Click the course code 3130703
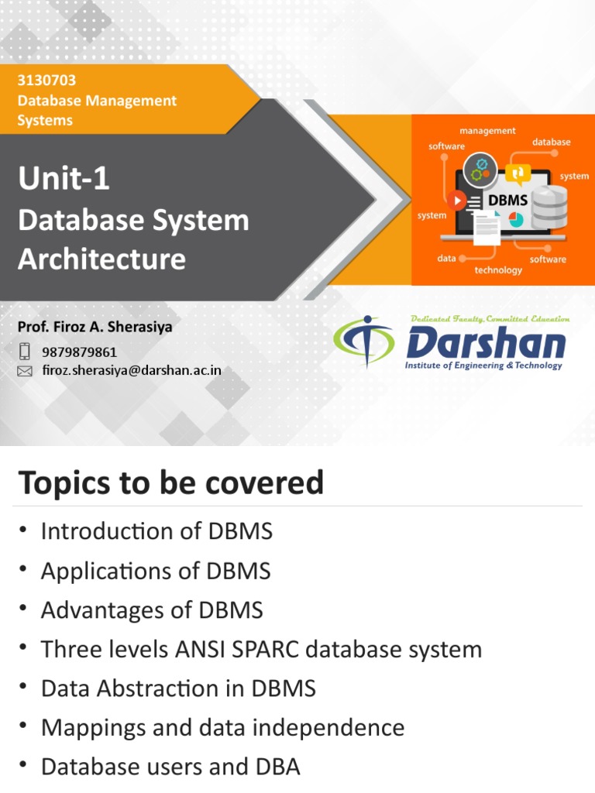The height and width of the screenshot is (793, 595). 46,81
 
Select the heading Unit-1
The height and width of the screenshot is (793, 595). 64,180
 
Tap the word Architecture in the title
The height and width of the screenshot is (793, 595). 101,259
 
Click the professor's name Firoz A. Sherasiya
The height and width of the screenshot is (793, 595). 95,327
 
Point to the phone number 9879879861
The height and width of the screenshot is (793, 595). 79,352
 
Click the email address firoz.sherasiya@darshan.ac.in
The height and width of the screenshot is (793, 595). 131,370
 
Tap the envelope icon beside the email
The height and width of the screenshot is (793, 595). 25,371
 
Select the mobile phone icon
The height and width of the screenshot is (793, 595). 25,352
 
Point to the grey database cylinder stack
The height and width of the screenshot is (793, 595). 549,205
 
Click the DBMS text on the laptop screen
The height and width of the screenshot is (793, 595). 508,201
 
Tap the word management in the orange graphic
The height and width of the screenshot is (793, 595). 487,131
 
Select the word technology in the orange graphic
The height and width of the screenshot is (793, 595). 498,270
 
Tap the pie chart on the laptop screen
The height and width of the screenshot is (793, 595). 516,220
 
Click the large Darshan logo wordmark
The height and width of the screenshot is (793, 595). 486,342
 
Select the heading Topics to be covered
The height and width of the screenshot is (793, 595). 170,483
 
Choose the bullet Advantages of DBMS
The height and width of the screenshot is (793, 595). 152,610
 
